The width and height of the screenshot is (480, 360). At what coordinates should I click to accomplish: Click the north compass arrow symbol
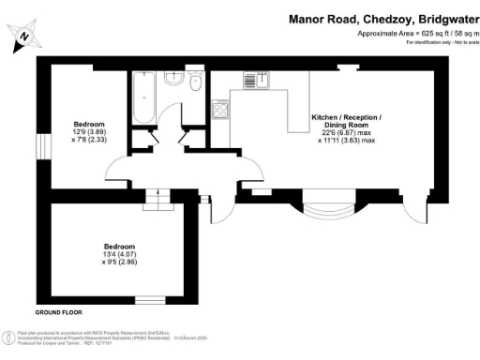tap(25, 36)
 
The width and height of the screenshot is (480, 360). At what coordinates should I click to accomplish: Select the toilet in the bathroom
tap(195, 82)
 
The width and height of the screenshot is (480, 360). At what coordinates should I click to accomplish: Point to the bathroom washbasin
tap(172, 81)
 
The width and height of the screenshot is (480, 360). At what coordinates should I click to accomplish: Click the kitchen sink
tap(255, 82)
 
